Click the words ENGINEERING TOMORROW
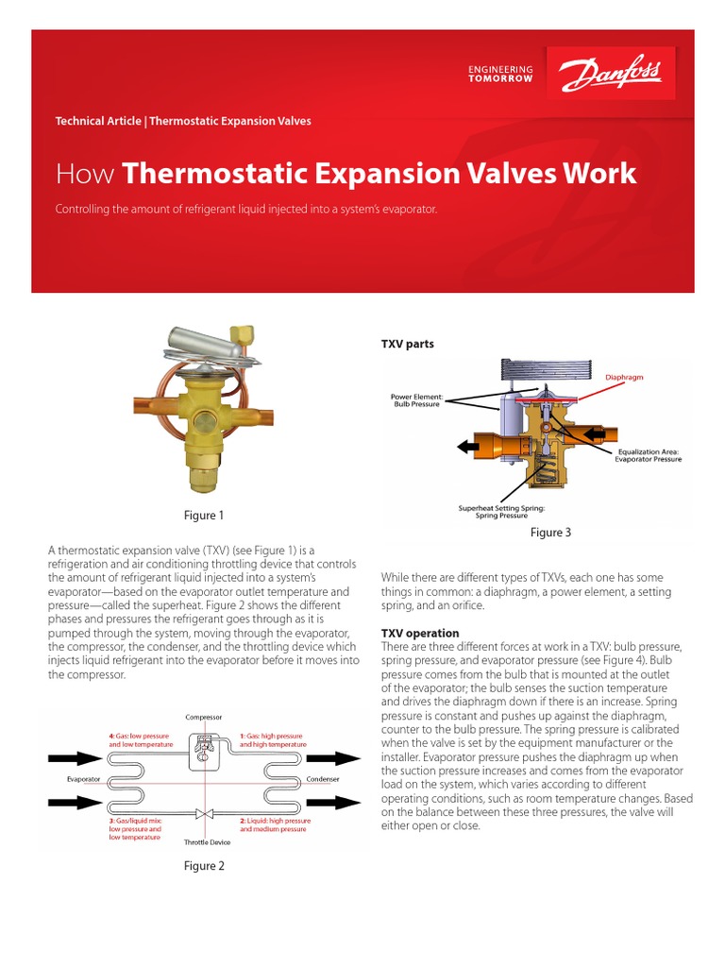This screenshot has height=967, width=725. click(500, 74)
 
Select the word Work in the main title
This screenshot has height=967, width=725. click(600, 174)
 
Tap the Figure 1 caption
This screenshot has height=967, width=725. click(205, 516)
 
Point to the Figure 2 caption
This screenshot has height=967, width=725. click(205, 866)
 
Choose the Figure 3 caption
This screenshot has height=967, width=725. click(550, 533)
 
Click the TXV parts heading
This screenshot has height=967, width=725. click(407, 344)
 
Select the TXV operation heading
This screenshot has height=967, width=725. click(419, 633)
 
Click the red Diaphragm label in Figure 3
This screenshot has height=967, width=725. click(624, 377)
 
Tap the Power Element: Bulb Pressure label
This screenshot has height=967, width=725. click(415, 401)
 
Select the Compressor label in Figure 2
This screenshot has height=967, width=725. click(204, 717)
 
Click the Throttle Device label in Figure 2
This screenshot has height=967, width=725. click(207, 841)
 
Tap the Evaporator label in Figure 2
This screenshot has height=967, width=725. click(84, 779)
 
